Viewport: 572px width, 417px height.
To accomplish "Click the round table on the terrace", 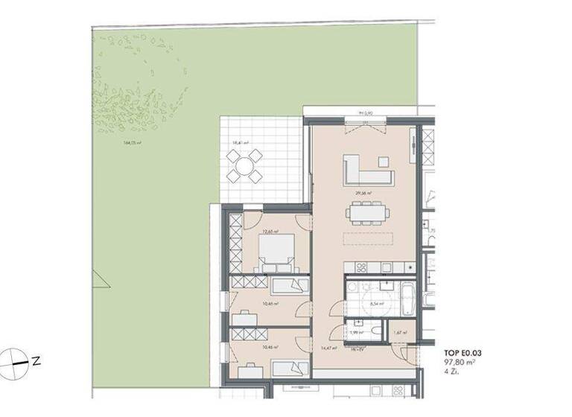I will [244, 165].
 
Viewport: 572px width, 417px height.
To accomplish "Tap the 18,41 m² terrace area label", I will [240, 142].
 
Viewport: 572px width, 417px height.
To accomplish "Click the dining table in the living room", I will [368, 214].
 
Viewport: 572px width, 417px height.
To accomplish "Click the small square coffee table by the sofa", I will [383, 161].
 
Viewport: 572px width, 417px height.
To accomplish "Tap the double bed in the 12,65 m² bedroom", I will [275, 252].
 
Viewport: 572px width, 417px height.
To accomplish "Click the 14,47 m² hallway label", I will [329, 347].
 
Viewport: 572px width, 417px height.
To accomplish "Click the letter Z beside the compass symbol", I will [35, 360].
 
